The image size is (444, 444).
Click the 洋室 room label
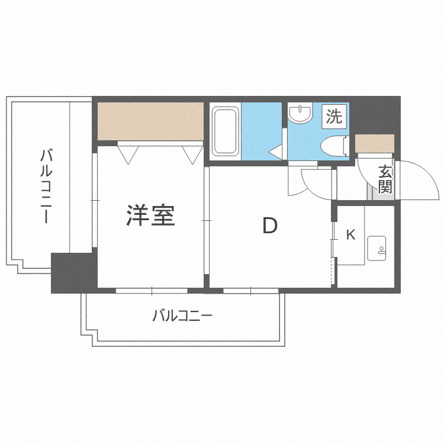pos(150,215)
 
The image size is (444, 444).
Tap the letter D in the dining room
pos(270,226)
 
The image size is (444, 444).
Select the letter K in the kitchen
pos(350,235)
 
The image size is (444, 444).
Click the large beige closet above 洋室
pos(150,121)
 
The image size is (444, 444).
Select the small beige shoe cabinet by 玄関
pos(375,144)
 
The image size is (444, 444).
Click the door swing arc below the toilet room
pos(314,184)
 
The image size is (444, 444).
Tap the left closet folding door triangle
pos(128,154)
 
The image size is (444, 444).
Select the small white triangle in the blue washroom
pos(276,153)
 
